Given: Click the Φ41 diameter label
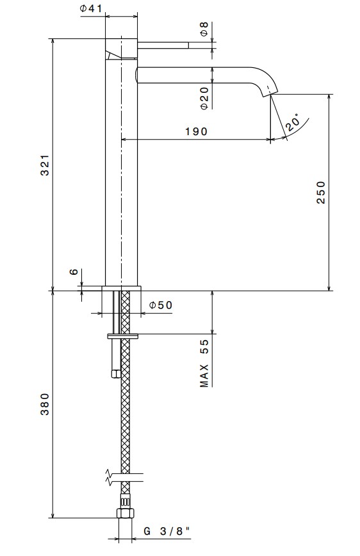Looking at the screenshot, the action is pos(91,8).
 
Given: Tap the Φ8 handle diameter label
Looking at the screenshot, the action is pos(204,29).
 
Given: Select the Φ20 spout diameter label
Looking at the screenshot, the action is pos(204,98).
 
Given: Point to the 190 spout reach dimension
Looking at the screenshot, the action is pos(196,131).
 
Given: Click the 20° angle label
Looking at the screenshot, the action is pos(292,122).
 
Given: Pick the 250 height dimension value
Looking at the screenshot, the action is pos(321,192).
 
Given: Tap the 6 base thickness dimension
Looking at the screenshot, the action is pos(74,272).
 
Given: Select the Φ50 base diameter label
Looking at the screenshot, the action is pos(161,305).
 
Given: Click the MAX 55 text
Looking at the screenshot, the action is pos(204,363).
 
